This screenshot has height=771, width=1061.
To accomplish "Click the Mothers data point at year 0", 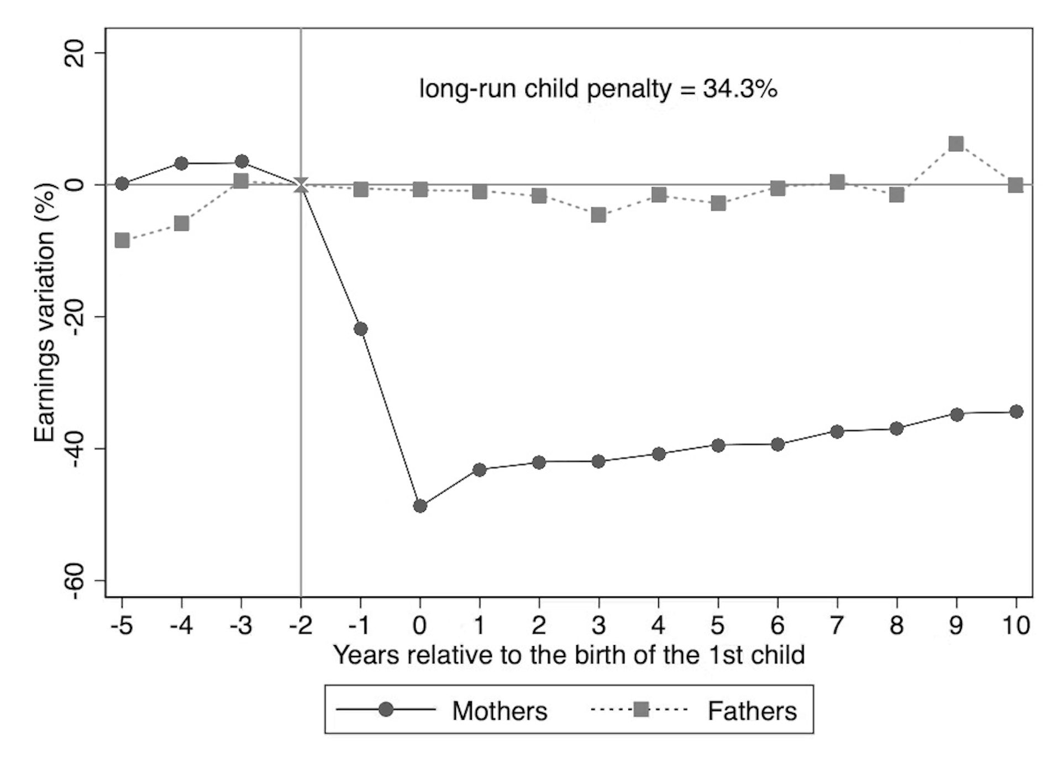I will (420, 506).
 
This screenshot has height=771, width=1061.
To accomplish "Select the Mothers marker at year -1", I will (360, 329).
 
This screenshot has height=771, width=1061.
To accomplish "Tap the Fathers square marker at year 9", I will (956, 144).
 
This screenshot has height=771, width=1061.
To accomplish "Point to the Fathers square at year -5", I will (122, 240).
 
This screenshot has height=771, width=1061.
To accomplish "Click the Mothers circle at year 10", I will (1016, 411).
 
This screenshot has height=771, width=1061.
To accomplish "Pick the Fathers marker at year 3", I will (598, 215).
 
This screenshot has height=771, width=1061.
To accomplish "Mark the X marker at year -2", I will (301, 185).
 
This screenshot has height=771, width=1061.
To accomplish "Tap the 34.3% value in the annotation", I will (740, 89).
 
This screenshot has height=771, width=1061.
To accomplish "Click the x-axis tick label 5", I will (717, 625).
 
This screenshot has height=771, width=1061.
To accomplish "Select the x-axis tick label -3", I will (240, 625).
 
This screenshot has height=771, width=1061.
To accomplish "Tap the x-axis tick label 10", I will (1015, 625).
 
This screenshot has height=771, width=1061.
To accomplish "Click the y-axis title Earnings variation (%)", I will (45, 313).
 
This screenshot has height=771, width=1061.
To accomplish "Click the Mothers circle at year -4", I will (181, 163).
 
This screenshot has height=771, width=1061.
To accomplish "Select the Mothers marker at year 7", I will (837, 431).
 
